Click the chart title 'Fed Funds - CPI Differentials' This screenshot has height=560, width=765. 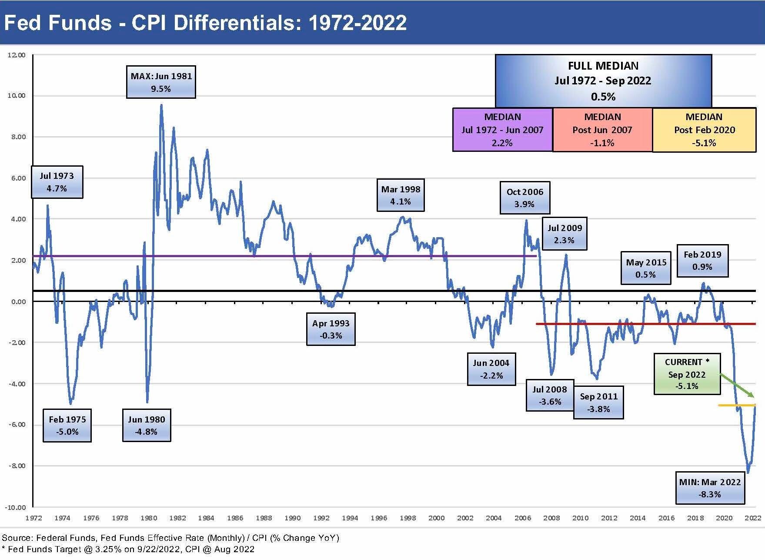[204, 23]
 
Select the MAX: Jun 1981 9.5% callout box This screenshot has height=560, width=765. [161, 82]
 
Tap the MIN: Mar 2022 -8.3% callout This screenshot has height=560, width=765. [710, 488]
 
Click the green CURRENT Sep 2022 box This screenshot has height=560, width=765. [687, 374]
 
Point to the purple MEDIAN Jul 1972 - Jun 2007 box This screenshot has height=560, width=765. [502, 130]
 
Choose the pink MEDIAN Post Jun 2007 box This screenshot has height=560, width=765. [602, 130]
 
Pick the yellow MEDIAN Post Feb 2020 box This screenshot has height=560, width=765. [704, 130]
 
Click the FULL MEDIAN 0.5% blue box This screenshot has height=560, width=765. [603, 81]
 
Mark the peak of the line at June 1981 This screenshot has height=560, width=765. [161, 105]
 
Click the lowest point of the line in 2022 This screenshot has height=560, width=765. [748, 472]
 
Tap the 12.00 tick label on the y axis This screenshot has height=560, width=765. [17, 55]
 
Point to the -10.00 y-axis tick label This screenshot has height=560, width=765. [15, 507]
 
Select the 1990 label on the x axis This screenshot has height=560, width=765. [292, 518]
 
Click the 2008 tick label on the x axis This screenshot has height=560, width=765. [551, 518]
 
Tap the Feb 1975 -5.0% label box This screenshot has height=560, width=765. [67, 426]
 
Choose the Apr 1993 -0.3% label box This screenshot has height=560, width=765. [331, 329]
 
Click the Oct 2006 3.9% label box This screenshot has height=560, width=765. [524, 198]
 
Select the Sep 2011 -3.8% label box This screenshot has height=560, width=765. [598, 402]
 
